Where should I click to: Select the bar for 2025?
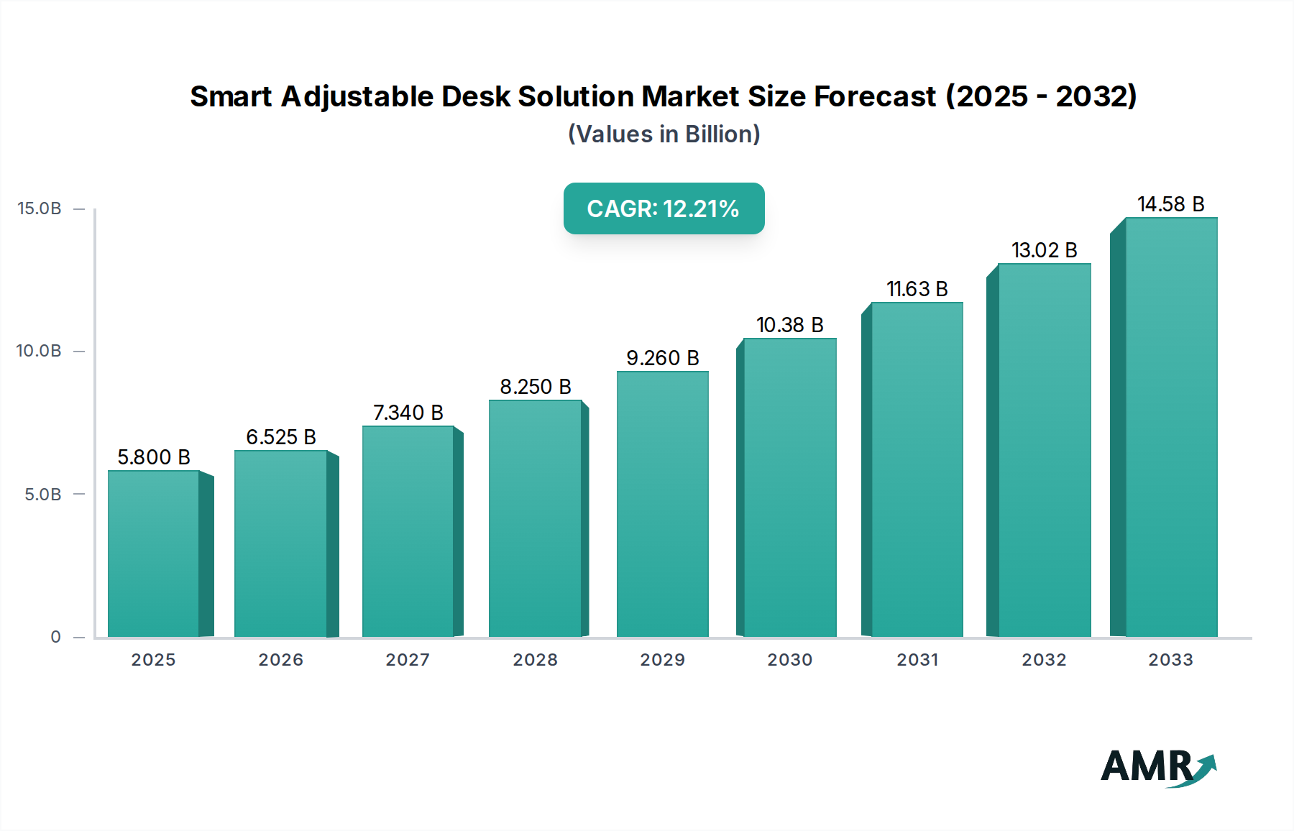[153, 554]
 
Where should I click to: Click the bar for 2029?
[662, 503]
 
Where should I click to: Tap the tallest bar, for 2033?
[1170, 427]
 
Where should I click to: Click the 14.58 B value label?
[1170, 204]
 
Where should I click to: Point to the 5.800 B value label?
[153, 457]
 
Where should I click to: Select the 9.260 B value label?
[662, 358]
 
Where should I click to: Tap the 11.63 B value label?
[917, 289]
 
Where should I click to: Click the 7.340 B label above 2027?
[408, 413]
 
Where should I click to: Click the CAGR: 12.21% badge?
[663, 208]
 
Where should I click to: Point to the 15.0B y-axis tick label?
[40, 208]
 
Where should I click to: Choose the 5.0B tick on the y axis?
[43, 495]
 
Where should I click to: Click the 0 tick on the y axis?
[55, 637]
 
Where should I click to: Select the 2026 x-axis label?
[280, 660]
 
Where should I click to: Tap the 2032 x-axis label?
[1044, 660]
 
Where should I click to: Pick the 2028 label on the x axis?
[535, 660]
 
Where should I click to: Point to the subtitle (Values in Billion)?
[664, 134]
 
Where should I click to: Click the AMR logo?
[1157, 767]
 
